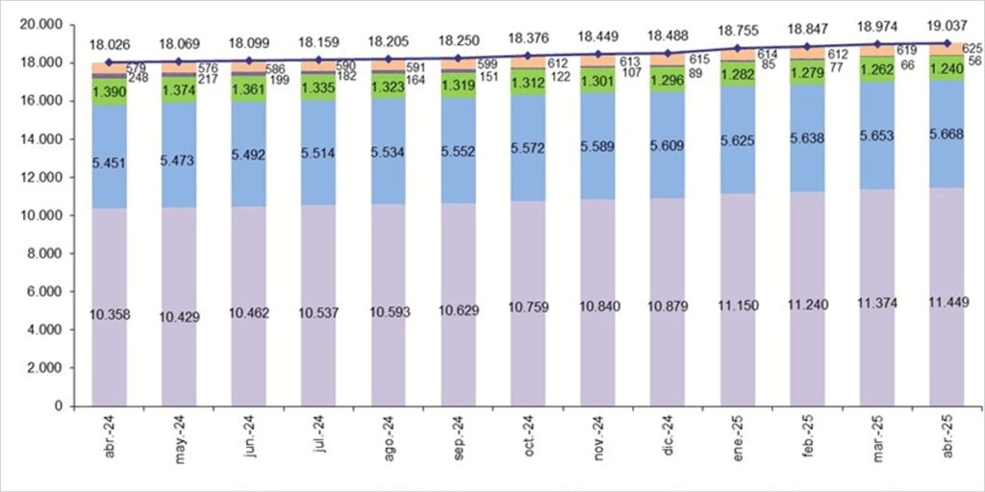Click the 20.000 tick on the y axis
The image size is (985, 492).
coord(39,24)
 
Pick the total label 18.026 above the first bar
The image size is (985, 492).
coord(110,44)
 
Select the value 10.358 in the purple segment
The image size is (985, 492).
coord(110,315)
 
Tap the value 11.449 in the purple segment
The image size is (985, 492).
coord(947,304)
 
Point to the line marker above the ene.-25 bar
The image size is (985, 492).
coord(738,47)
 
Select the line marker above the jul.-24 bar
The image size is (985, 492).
coord(319,60)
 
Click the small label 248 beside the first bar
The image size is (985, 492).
coord(138,78)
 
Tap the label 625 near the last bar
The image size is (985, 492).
coord(972,48)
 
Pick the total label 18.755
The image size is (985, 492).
coord(738,30)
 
